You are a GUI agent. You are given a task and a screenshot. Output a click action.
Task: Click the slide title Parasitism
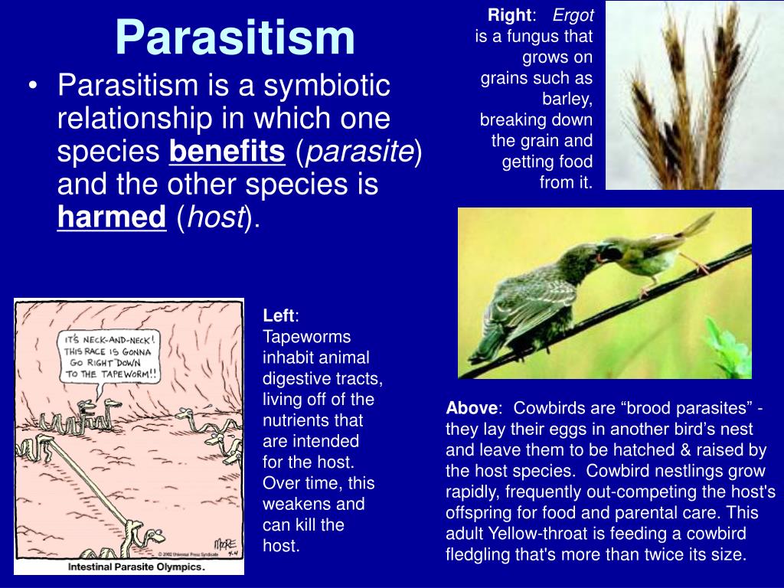[235, 38]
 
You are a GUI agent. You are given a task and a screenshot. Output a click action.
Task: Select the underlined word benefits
[227, 151]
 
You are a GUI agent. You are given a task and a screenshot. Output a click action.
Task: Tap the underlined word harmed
[112, 217]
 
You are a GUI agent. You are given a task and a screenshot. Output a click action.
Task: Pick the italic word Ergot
[573, 15]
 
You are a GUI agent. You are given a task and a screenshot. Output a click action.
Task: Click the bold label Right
[509, 15]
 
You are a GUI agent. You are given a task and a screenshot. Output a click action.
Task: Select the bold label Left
[279, 315]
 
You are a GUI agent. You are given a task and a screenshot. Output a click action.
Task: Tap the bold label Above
[472, 408]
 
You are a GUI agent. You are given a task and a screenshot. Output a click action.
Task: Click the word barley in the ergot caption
[567, 100]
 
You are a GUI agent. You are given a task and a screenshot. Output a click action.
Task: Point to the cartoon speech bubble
[109, 358]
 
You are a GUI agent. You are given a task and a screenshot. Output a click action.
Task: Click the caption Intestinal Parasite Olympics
[136, 567]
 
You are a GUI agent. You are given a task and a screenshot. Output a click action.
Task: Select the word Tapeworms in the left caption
[306, 337]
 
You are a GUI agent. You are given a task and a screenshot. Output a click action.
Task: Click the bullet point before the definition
[33, 86]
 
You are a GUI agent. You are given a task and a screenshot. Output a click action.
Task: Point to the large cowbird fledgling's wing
[530, 304]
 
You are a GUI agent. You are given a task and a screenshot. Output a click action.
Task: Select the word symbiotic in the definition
[326, 86]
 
